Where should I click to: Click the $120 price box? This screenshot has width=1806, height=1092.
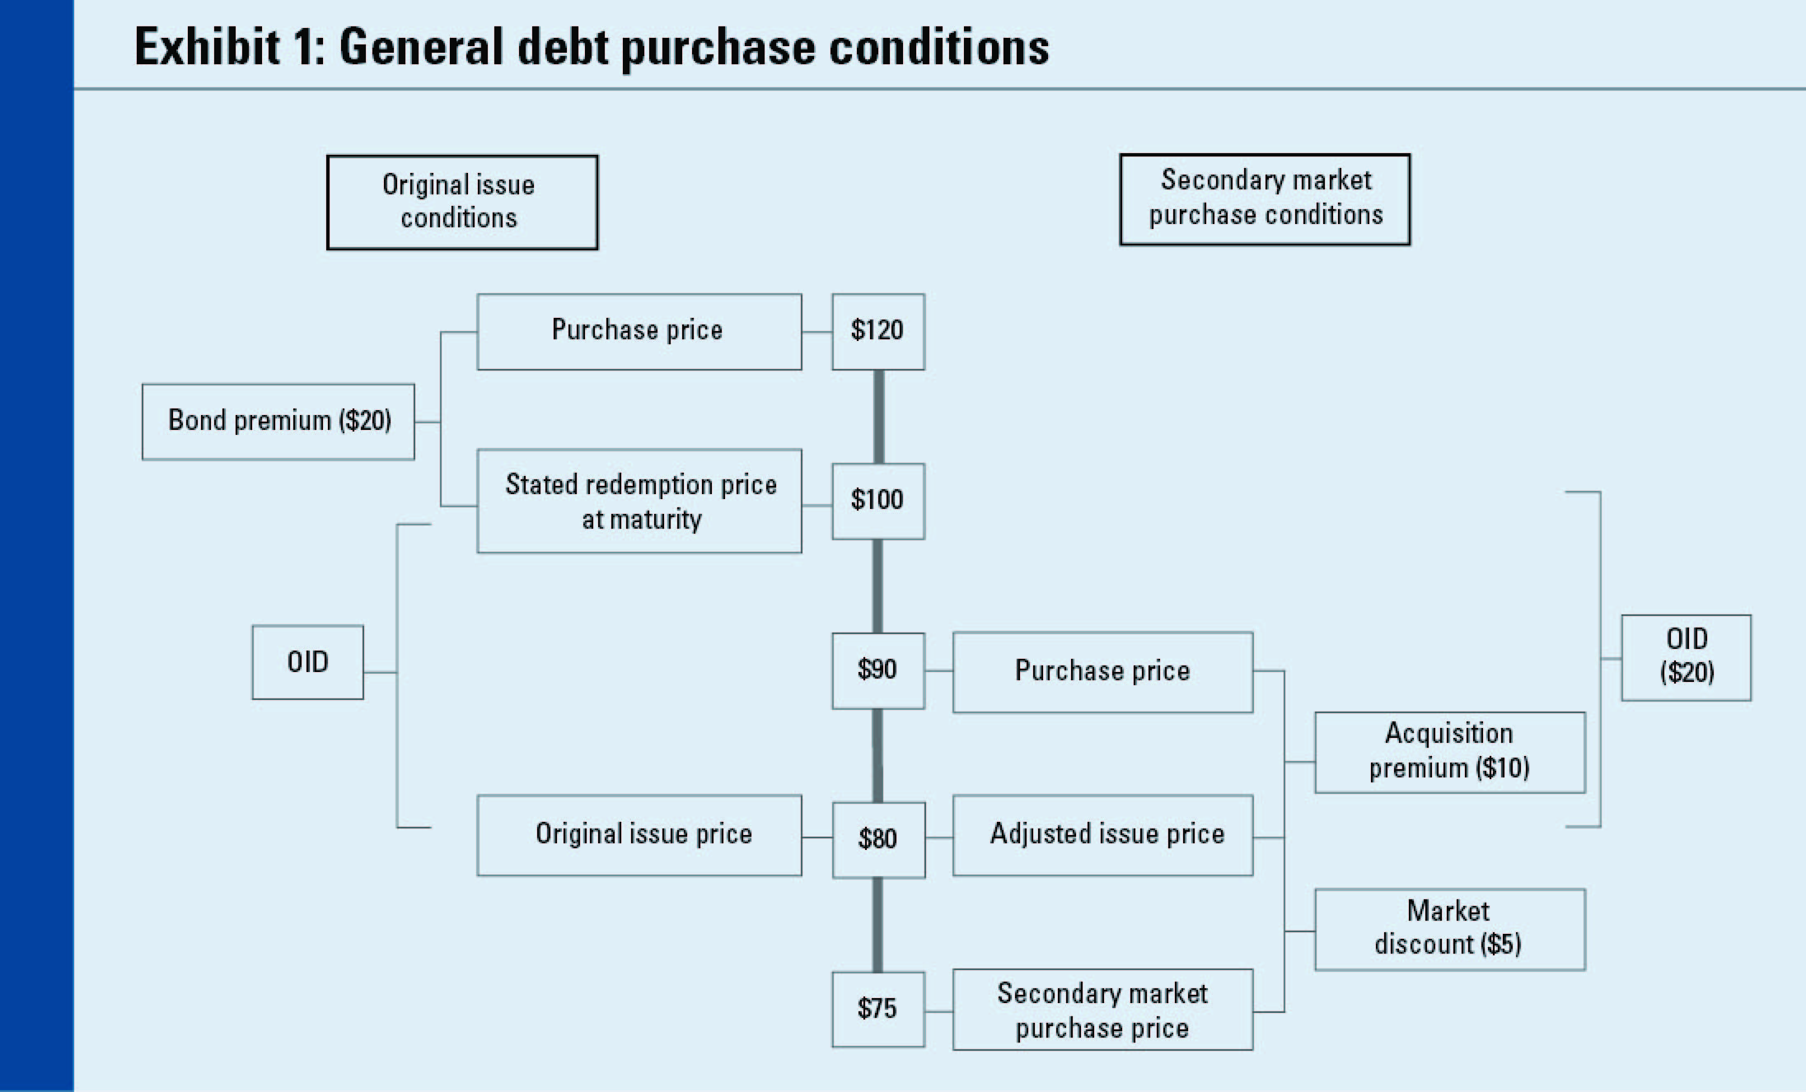point(877,331)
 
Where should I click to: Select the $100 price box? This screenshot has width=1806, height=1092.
point(877,501)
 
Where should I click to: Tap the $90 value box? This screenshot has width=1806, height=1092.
point(877,670)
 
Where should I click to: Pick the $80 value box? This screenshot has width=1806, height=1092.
point(877,839)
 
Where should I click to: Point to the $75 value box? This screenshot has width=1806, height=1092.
point(877,1009)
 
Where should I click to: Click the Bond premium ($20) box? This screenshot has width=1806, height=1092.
point(278,421)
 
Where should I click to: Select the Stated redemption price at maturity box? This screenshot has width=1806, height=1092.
point(639,501)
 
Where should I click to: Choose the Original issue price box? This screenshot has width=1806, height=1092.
point(639,834)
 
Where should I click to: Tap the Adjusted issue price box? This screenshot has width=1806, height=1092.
point(1102,834)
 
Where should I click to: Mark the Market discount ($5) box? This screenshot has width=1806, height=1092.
point(1449,929)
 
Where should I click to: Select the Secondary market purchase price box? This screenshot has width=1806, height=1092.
point(1102,1010)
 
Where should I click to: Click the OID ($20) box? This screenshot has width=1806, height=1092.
point(1686,657)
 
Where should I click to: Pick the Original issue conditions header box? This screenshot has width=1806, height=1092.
point(462,202)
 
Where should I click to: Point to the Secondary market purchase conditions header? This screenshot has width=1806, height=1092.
point(1265,199)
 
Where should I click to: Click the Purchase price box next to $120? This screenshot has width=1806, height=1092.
point(639,331)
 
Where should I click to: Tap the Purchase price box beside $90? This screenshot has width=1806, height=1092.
point(1102,671)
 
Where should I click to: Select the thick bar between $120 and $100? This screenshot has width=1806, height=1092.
point(878,416)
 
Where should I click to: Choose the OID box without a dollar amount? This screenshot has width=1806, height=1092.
point(307,662)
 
